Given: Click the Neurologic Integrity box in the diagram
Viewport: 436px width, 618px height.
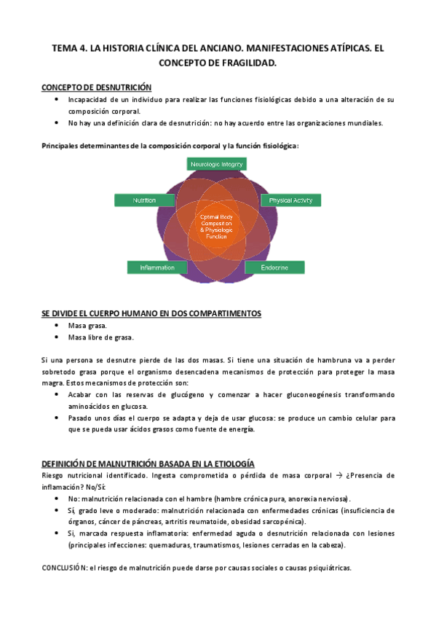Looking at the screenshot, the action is (x=217, y=165).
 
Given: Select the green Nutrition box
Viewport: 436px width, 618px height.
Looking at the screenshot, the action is (x=144, y=200).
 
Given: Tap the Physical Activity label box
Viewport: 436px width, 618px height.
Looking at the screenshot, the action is (x=290, y=200).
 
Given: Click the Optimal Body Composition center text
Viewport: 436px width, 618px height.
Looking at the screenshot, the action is (x=217, y=227).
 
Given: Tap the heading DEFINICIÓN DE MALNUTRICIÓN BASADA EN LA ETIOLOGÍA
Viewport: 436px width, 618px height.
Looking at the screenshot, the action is (x=148, y=463).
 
